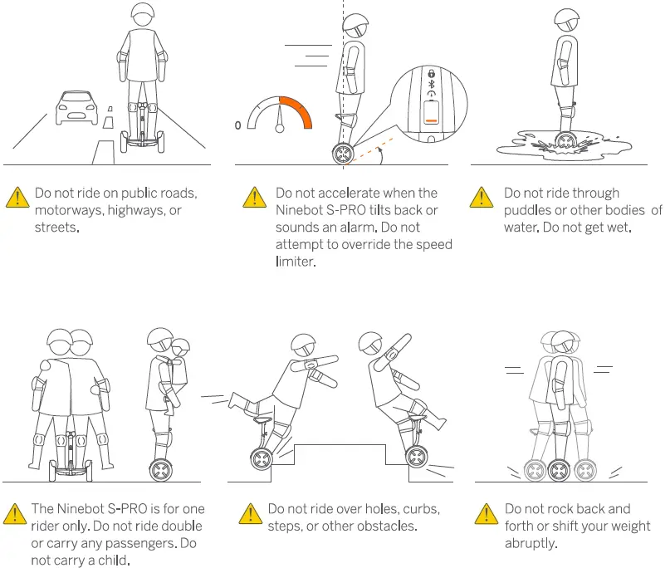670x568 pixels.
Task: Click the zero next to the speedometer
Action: pos(238,125)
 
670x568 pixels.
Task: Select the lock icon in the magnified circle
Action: pos(430,73)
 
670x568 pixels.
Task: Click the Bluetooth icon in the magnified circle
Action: pos(430,84)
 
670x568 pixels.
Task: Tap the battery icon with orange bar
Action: pos(430,112)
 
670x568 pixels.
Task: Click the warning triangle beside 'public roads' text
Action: pos(17,198)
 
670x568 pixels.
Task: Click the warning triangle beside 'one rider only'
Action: pos(17,513)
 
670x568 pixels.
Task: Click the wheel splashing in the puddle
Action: pos(565,144)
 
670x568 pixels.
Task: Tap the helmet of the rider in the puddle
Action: pos(567,17)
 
